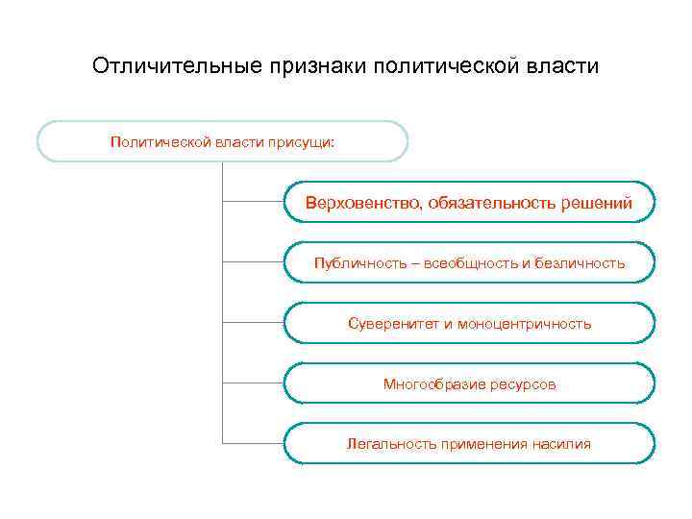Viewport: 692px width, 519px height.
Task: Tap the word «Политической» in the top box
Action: click(x=157, y=141)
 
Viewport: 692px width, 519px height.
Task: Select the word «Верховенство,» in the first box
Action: click(x=363, y=203)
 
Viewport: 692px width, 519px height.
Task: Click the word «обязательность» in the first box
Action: click(x=488, y=203)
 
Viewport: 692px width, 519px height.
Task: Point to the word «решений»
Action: click(x=597, y=203)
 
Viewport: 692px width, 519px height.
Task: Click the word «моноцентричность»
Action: click(x=524, y=324)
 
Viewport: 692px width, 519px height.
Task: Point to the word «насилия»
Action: click(x=562, y=444)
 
